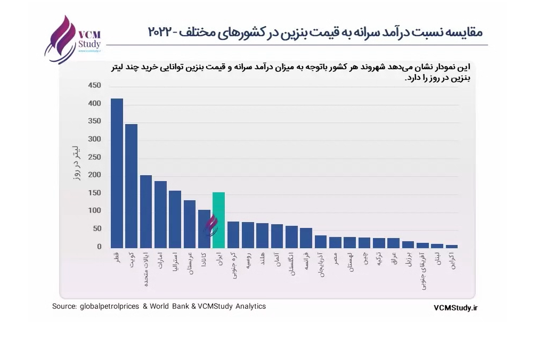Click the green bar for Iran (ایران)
coord(218,220)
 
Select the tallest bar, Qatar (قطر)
coord(117,173)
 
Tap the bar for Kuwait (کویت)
coord(131,186)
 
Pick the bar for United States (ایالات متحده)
coord(146,211)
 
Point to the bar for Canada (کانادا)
coord(204,229)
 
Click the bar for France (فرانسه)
coord(306,238)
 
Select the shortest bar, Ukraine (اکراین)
coord(451,246)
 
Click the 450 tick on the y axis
coord(94,85)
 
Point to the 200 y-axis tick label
coord(94,175)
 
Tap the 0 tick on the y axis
coord(99,247)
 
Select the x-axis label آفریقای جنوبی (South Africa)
coord(422,271)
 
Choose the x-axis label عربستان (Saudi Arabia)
coord(190,264)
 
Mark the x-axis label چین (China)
coord(365,258)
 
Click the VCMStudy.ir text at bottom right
coord(456,307)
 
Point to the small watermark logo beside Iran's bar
coord(211,225)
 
